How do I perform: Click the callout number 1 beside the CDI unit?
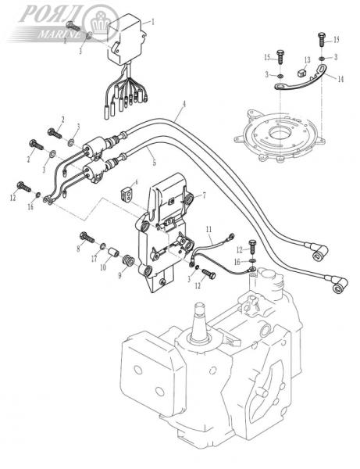pos(152,22)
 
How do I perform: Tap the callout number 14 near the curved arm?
pos(340,79)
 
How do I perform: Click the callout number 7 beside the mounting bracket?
pos(205,195)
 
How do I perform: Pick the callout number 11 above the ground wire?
pos(209,227)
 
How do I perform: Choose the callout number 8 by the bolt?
pos(80,248)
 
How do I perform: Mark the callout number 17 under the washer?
pos(94,258)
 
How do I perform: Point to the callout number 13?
pos(307,60)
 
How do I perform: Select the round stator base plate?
pos(276,134)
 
